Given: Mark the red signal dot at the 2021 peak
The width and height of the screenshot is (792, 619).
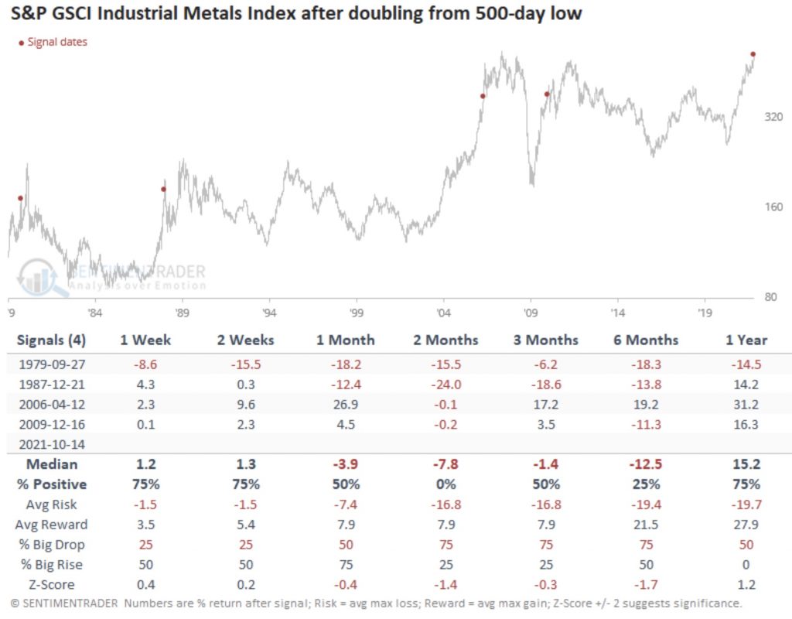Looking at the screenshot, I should pyautogui.click(x=753, y=54).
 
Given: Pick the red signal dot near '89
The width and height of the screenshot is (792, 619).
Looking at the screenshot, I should pyautogui.click(x=163, y=189).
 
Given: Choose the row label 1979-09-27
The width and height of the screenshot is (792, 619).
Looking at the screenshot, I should pyautogui.click(x=49, y=364).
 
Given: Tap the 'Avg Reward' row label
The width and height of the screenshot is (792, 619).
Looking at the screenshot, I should pyautogui.click(x=52, y=524).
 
